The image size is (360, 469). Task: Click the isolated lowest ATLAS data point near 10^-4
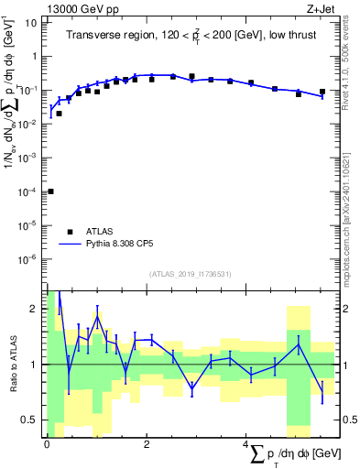tap(50, 191)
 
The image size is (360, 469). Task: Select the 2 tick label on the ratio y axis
tap(35, 308)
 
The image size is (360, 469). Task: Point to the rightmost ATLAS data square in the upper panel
tap(322, 92)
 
